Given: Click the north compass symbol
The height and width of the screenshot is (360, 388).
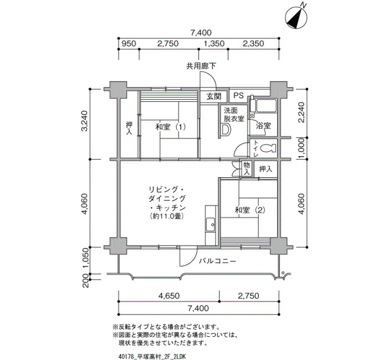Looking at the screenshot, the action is click(x=296, y=17).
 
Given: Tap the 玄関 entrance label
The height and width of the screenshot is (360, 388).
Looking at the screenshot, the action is click(x=214, y=96).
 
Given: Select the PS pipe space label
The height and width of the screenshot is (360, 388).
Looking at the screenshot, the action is click(x=238, y=95).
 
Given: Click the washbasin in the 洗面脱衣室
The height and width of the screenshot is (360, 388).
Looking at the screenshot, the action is click(x=226, y=130).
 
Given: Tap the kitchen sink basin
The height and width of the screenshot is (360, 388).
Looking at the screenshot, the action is click(x=211, y=225).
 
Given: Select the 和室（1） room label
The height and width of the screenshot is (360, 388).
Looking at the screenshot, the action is click(x=171, y=127).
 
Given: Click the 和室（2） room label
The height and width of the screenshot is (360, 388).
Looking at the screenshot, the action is click(x=250, y=210).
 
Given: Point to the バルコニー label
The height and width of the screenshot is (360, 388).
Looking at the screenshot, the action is click(x=218, y=261).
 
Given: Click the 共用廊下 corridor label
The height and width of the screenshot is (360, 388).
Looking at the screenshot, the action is click(x=201, y=66).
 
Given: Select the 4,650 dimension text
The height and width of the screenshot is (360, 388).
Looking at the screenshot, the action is click(x=169, y=296).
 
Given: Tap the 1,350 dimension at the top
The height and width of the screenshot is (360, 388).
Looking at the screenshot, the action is click(x=214, y=44).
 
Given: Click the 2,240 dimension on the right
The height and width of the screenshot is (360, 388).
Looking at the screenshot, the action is click(x=302, y=113).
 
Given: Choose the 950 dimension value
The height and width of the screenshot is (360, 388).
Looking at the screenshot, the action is click(x=129, y=44).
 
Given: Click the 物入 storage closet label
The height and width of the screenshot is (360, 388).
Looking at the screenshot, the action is click(x=247, y=168).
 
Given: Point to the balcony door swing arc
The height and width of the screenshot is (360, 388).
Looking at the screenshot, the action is click(x=192, y=261).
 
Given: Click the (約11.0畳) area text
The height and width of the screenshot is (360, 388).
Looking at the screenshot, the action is click(x=166, y=217).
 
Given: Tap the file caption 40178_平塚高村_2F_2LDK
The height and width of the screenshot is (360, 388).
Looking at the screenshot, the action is click(x=152, y=357).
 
